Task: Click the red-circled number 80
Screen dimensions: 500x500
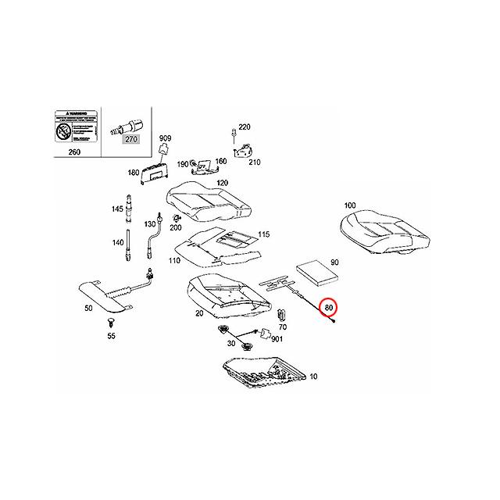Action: (331, 309)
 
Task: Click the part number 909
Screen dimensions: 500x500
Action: (165, 137)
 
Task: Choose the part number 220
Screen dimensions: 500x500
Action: (245, 127)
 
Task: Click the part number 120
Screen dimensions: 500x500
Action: (223, 183)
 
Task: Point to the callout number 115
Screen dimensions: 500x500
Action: (264, 234)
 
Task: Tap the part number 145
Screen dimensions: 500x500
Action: (117, 209)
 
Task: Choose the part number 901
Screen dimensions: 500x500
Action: (277, 338)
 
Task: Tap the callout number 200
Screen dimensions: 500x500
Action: (176, 227)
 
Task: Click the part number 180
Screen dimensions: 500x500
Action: (133, 172)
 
